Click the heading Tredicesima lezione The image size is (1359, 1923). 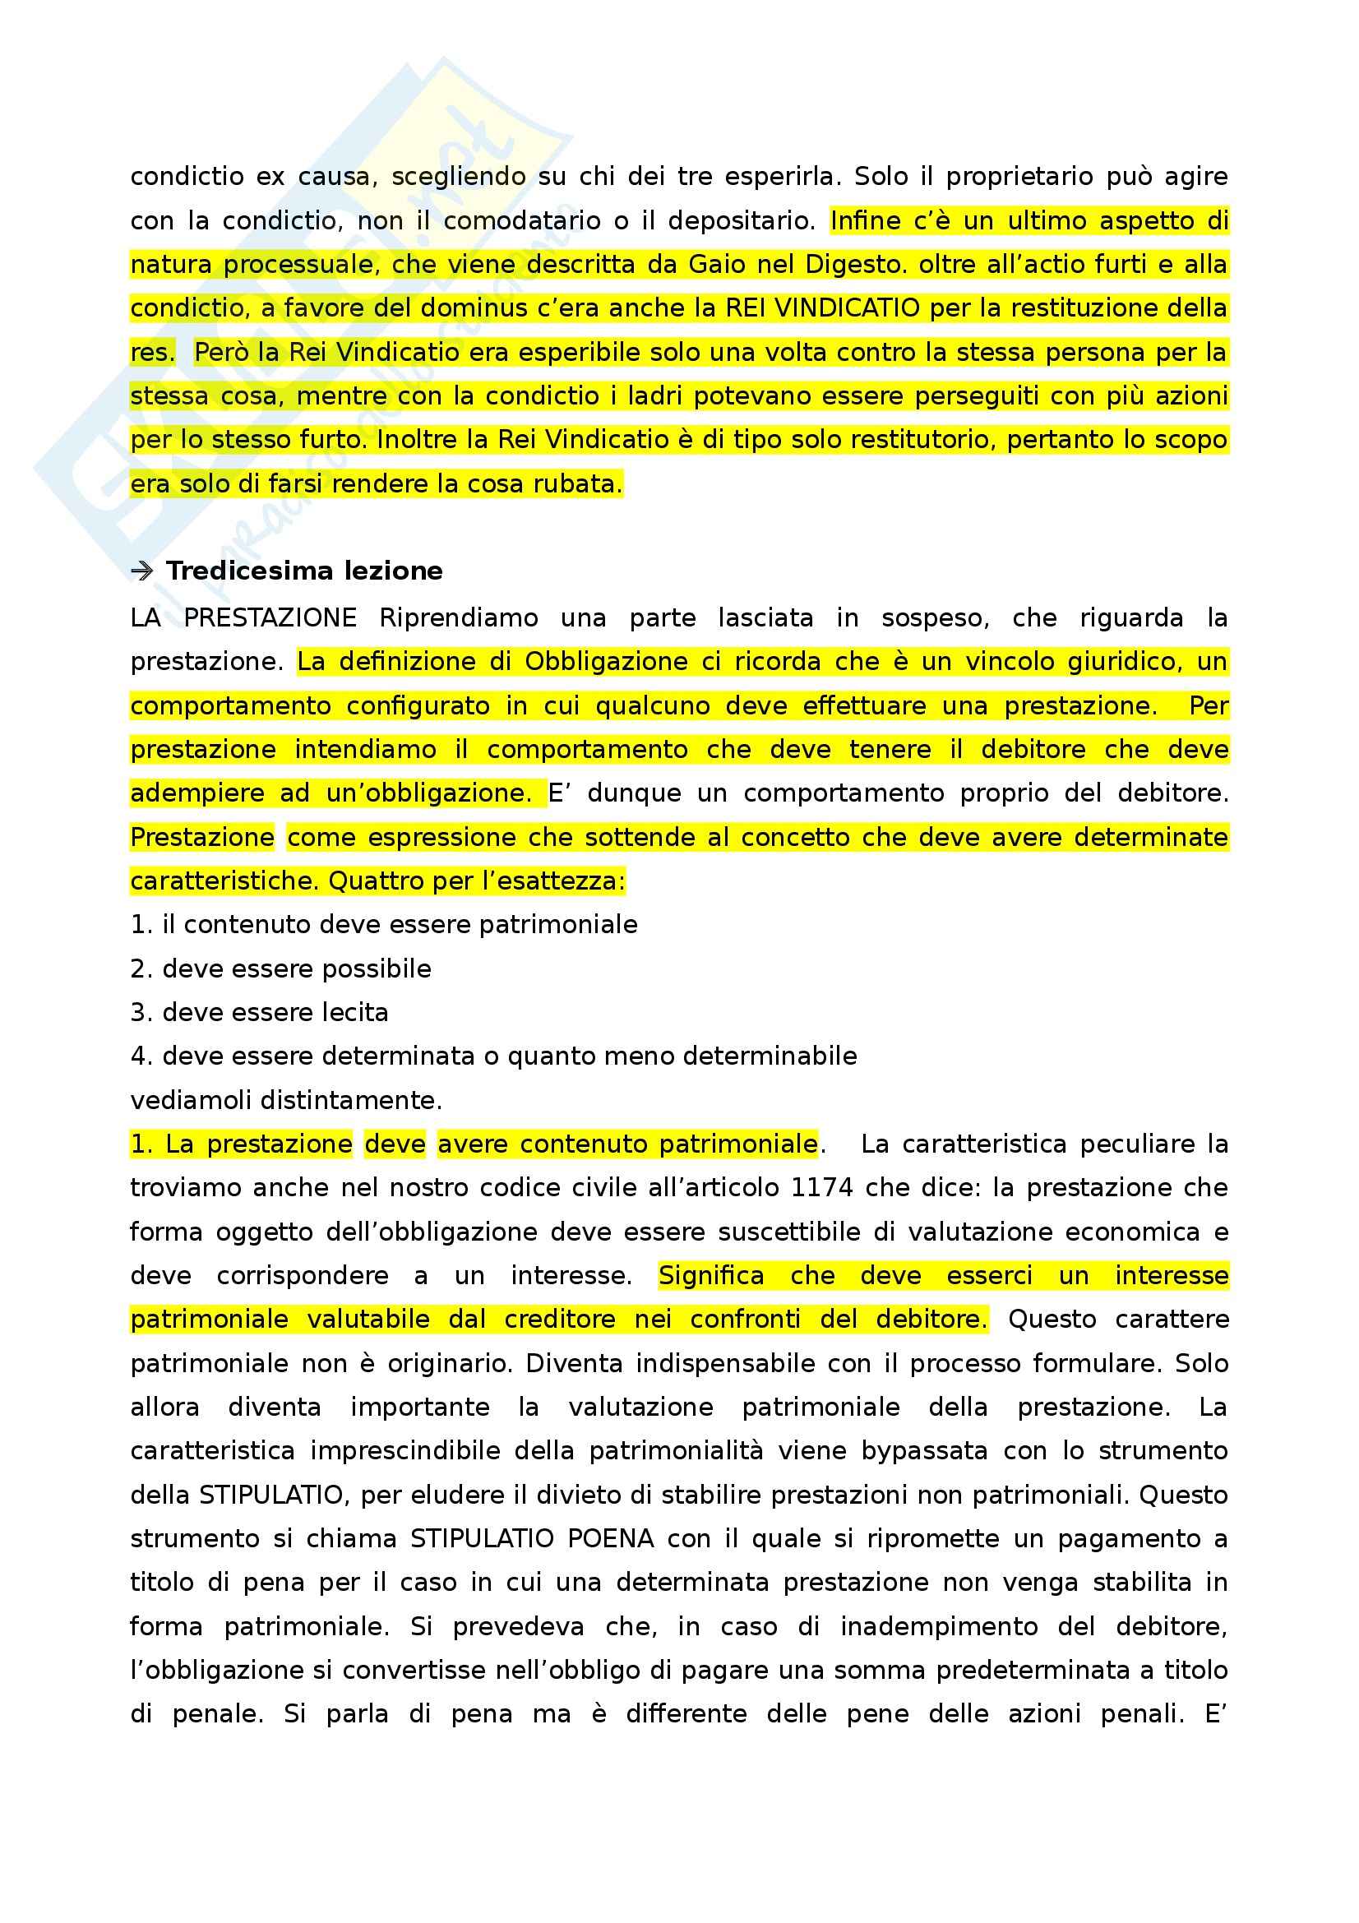coord(304,571)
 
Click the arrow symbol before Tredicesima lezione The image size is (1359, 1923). coord(142,571)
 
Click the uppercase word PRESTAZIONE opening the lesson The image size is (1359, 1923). coord(270,617)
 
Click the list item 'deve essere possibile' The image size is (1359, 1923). coord(297,968)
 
